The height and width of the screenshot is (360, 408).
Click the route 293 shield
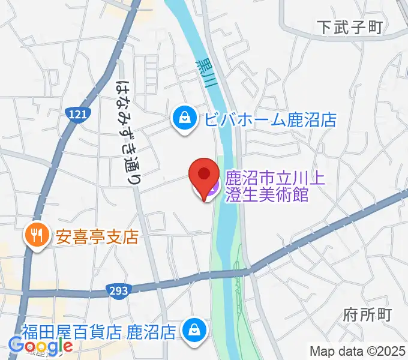[x=118, y=291]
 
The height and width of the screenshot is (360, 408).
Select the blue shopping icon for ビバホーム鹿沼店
[x=182, y=119]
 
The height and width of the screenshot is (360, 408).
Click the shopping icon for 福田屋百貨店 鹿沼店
[x=195, y=330]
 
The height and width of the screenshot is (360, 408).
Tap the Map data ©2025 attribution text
[x=358, y=351]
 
